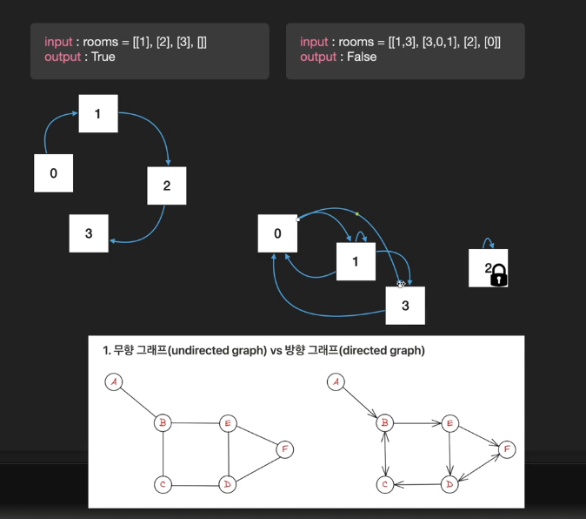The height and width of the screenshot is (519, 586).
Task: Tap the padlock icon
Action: click(499, 276)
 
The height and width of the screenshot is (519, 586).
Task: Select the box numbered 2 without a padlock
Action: click(167, 185)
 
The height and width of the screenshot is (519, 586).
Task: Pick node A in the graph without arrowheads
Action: click(114, 382)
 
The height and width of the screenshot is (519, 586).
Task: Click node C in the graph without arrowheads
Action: click(163, 483)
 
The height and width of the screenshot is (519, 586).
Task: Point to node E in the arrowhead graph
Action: click(450, 423)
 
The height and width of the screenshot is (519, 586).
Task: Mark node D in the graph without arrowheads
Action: click(228, 483)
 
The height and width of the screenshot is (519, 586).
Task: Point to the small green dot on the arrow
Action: click(356, 213)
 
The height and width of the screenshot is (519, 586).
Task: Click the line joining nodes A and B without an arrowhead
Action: click(138, 403)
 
